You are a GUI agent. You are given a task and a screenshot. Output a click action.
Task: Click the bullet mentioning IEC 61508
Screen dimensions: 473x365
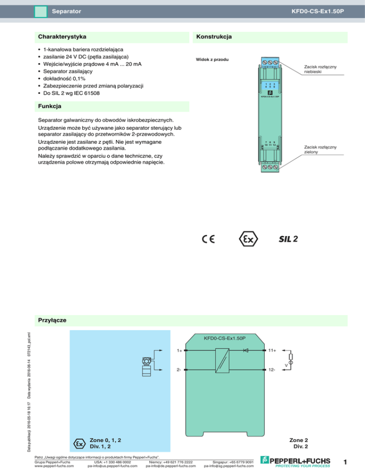click(78, 93)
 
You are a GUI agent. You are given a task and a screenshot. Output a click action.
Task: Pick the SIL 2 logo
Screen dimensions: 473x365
click(288, 239)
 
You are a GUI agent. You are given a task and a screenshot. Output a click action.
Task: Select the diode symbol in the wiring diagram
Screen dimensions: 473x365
click(246, 350)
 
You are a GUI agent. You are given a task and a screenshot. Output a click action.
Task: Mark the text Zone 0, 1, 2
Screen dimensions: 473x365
click(105, 440)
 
